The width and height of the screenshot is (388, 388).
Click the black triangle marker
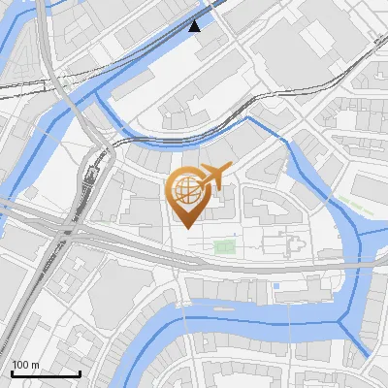tap(196, 25)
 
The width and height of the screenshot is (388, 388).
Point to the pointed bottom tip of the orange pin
tap(185, 227)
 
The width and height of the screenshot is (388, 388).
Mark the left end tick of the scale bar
tap(11, 373)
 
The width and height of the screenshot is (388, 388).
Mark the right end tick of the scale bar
tap(80, 373)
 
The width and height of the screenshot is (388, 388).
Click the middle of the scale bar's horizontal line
tap(45, 374)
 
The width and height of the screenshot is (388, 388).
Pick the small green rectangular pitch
tap(225, 247)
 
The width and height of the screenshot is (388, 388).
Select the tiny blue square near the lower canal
tap(275, 286)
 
